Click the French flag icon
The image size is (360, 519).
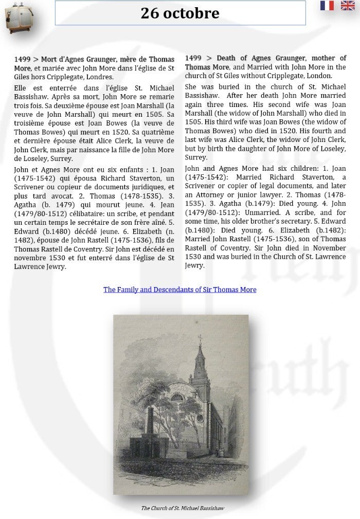327,6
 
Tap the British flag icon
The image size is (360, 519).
348,6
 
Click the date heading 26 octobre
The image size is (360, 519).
180,13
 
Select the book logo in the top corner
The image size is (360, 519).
16,18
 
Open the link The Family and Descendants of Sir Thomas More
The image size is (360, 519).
179,290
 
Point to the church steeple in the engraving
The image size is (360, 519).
200,355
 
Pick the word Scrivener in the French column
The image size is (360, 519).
31,187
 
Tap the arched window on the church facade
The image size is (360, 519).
177,397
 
